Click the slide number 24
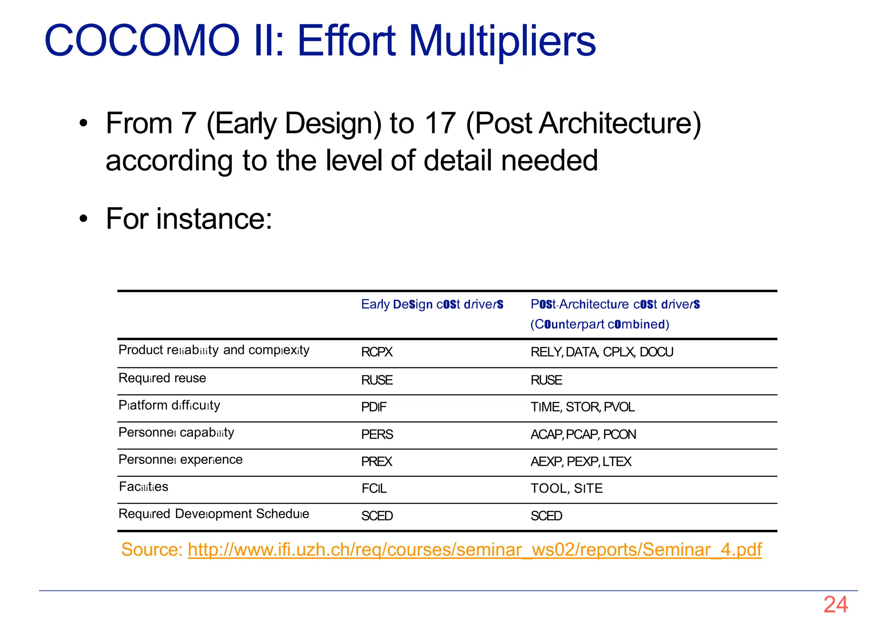(835, 604)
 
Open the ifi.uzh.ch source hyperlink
(474, 549)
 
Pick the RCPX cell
(376, 352)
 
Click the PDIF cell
(373, 407)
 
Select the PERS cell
(377, 435)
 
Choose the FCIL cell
(374, 489)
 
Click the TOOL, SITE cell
(566, 489)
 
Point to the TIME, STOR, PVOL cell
(582, 407)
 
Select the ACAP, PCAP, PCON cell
(583, 435)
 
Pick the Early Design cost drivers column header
(432, 305)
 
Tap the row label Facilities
(144, 487)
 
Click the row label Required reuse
(162, 378)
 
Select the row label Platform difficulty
(169, 405)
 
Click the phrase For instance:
(189, 218)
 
